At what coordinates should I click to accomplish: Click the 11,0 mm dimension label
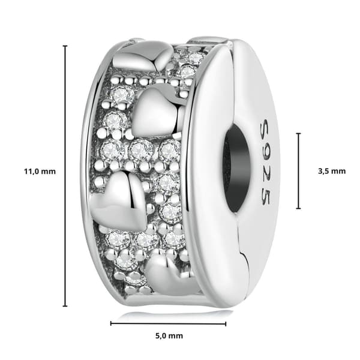coord(40,172)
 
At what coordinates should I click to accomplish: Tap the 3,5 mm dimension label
coord(332,171)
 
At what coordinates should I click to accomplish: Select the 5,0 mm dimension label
coord(169,336)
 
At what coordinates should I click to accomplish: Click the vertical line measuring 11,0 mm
coord(65,176)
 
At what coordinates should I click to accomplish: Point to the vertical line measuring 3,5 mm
coord(298,171)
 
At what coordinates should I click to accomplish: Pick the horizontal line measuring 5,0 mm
coord(168,324)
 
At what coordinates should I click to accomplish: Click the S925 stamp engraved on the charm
coord(266,163)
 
